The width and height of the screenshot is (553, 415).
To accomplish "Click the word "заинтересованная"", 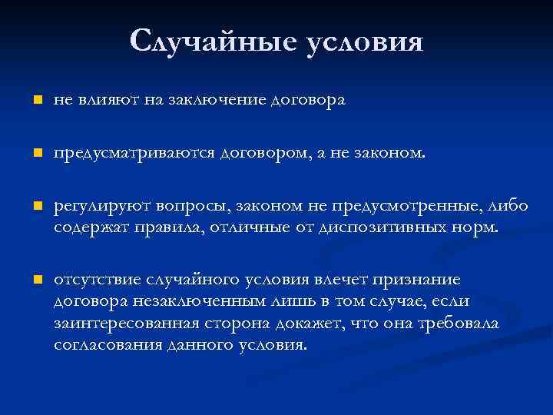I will (x=125, y=324).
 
